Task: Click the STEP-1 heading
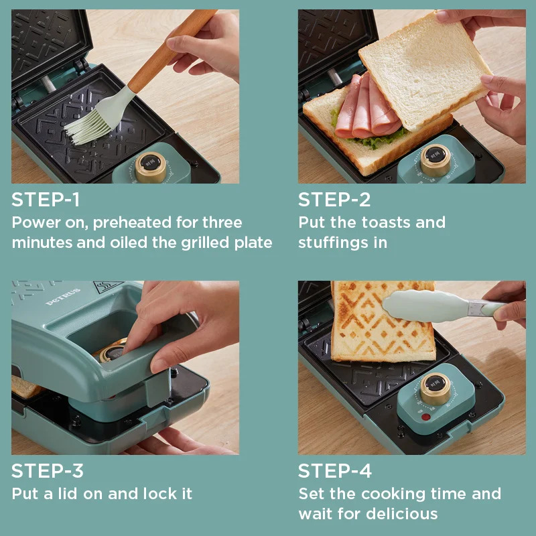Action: (46, 200)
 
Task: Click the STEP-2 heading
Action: (334, 200)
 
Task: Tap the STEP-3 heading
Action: (47, 471)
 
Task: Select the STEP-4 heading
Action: (334, 471)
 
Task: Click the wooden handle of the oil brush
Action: (171, 51)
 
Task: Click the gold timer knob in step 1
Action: (150, 167)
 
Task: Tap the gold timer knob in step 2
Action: (435, 160)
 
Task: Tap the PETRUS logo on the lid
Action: (63, 296)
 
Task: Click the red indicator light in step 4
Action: (425, 417)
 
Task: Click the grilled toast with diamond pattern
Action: (382, 322)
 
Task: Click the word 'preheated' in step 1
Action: (132, 223)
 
